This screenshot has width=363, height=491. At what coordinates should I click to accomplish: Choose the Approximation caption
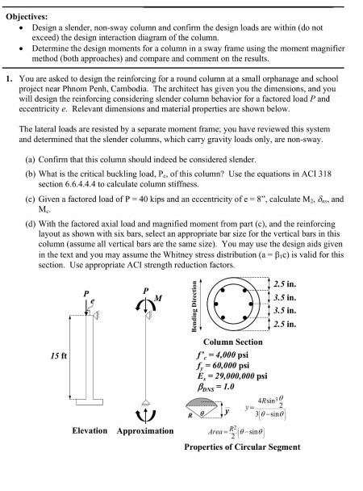coord(146,430)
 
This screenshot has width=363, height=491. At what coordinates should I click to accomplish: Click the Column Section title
coord(245,342)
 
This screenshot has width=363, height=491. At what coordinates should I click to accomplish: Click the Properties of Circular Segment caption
coord(243,447)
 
